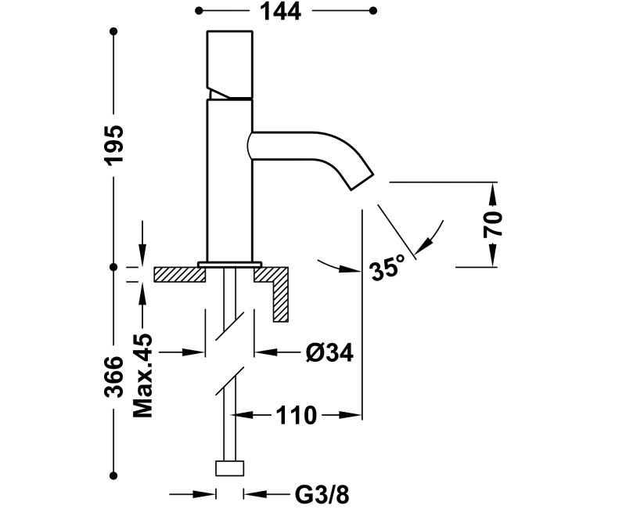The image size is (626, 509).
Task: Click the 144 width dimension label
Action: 280,11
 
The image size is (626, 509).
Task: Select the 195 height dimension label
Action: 114,144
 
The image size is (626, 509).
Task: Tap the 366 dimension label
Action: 114,377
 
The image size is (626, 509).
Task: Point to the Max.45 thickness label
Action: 142,376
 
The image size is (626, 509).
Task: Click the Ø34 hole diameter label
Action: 329,353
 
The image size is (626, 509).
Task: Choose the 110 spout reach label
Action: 297,416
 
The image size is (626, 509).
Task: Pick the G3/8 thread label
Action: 322,495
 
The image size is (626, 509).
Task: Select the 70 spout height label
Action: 493,225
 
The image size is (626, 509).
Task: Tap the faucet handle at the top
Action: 229,64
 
